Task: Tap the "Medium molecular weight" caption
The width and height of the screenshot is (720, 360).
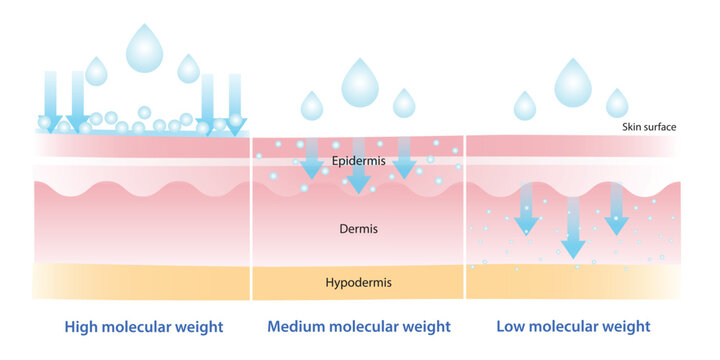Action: point(359,327)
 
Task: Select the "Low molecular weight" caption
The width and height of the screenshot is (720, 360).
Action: point(573,327)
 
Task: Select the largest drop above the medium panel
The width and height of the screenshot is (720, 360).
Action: point(359,85)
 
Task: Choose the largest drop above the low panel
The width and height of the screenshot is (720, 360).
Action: point(573,84)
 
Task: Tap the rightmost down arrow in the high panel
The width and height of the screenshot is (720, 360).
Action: point(235,104)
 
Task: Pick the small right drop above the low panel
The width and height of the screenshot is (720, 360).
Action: point(617,104)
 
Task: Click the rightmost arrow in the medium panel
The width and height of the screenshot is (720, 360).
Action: point(405,158)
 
